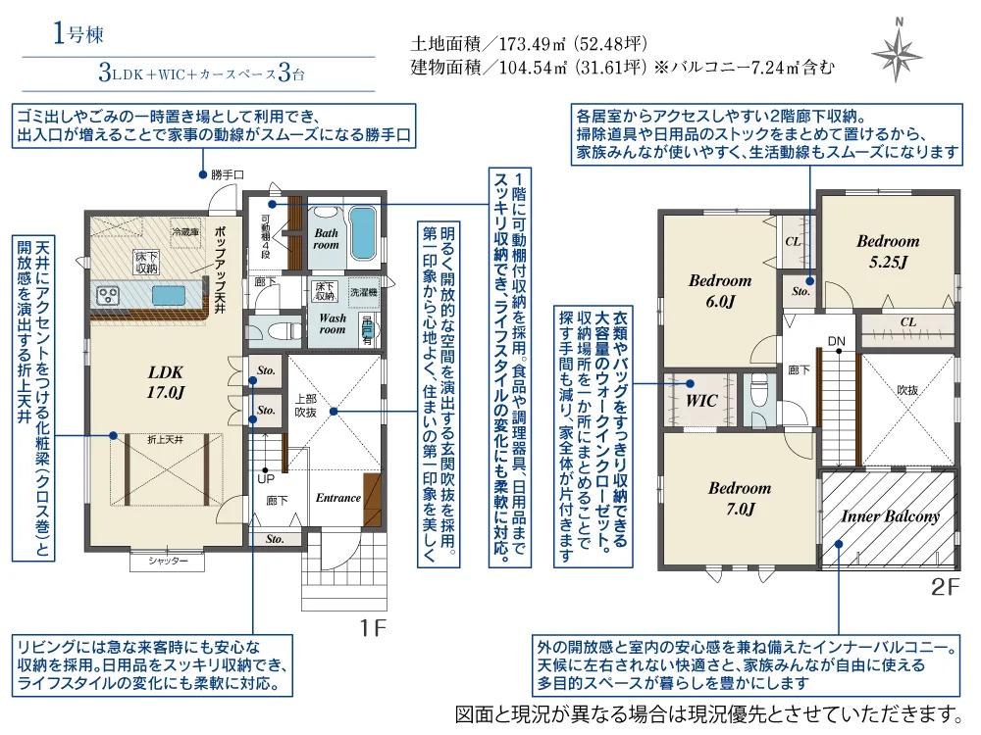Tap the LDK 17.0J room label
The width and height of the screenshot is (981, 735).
click(x=166, y=381)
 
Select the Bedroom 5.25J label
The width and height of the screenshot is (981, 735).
click(x=888, y=251)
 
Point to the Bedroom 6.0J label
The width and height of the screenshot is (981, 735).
click(x=719, y=291)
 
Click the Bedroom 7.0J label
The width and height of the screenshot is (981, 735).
click(x=740, y=498)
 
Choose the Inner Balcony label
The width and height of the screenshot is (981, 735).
click(x=890, y=516)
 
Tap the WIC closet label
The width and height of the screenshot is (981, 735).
click(x=701, y=401)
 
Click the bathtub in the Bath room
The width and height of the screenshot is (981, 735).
click(x=363, y=229)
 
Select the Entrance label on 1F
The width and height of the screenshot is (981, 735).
click(x=337, y=498)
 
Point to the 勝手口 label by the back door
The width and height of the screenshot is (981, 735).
click(x=227, y=175)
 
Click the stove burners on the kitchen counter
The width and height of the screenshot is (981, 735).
click(x=107, y=293)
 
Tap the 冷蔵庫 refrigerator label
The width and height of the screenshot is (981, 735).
click(x=183, y=233)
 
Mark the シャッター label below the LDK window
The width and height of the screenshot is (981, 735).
click(x=168, y=562)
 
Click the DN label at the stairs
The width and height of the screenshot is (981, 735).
click(x=836, y=342)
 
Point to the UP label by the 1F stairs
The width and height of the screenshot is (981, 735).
click(x=265, y=480)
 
